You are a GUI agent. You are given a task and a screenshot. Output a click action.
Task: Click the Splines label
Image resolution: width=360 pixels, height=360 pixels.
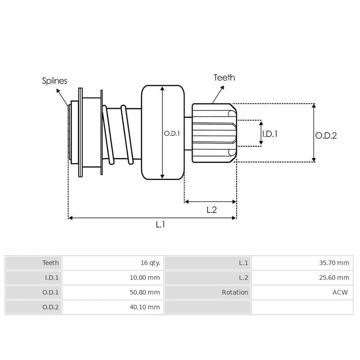pos(54,81)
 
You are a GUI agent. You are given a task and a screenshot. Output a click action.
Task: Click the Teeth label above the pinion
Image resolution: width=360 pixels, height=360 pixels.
pos(224,77)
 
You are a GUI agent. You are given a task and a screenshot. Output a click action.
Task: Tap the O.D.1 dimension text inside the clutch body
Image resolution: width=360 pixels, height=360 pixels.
pos(171,133)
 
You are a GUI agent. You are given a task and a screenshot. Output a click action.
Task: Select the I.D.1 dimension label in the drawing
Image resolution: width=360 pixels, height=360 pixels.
pos(270,134)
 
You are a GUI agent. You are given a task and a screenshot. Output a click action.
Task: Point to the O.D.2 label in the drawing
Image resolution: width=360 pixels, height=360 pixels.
pos(326,135)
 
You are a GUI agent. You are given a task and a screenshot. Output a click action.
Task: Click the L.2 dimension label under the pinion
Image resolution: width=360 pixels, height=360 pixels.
pos(211,210)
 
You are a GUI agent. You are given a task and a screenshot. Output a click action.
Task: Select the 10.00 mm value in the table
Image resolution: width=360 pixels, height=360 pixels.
pos(144,278)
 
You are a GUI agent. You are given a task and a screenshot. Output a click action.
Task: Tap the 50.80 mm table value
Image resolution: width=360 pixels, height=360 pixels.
pos(144,292)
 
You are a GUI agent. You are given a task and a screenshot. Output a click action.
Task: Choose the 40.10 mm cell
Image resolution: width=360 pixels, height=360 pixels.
pos(144,307)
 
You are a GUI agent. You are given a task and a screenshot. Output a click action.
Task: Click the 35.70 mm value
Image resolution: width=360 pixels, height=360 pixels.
pos(334,263)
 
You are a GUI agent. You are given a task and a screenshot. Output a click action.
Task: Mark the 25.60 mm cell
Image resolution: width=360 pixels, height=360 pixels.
pos(334,278)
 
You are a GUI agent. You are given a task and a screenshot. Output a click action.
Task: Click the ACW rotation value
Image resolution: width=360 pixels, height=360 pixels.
pos(340,292)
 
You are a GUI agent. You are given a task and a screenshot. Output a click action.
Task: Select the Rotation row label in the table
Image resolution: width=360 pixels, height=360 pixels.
pos(235,292)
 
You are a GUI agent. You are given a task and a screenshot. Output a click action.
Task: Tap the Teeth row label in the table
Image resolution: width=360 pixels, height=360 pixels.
pos(50,263)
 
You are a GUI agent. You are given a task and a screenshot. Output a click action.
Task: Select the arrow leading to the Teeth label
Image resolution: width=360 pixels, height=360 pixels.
pos(218,94)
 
